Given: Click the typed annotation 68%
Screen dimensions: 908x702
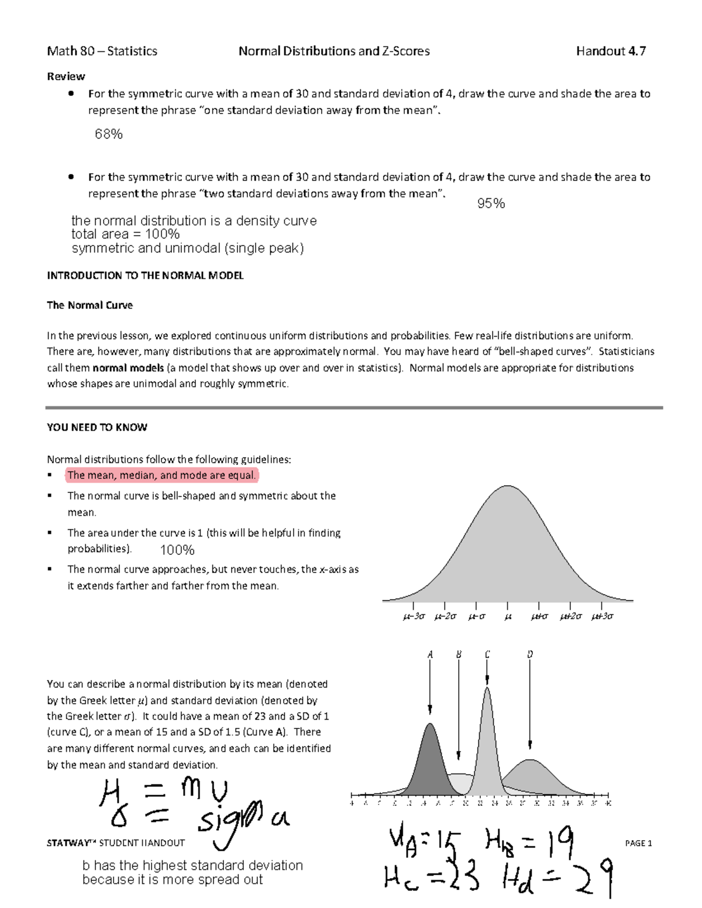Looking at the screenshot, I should point(109,134).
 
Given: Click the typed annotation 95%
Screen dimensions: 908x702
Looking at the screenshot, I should point(491,203).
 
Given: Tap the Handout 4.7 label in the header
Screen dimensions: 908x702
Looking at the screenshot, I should point(611,51).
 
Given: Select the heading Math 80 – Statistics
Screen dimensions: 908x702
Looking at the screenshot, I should point(102,51).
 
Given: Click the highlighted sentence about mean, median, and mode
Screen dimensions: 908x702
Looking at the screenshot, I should point(161,475).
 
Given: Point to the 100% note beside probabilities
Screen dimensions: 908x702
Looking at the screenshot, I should point(177,550).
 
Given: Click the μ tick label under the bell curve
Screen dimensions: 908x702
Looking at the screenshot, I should point(508,616).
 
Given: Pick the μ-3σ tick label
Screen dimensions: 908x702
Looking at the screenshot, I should point(414,616).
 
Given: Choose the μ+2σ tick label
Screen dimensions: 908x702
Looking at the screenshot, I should point(570,616).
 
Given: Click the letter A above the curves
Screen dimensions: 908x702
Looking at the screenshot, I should point(430,655).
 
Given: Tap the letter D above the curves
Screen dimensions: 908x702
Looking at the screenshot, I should point(530,655).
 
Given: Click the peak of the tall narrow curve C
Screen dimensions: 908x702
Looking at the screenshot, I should point(487,690).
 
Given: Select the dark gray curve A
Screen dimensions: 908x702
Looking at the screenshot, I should point(431,760).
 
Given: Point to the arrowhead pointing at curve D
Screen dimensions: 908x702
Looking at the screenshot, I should point(530,745).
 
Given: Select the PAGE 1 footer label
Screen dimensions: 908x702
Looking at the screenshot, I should point(638,843).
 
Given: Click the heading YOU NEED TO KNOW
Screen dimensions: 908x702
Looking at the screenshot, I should point(97,427).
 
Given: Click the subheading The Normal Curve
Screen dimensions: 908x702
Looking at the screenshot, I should point(90,305).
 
